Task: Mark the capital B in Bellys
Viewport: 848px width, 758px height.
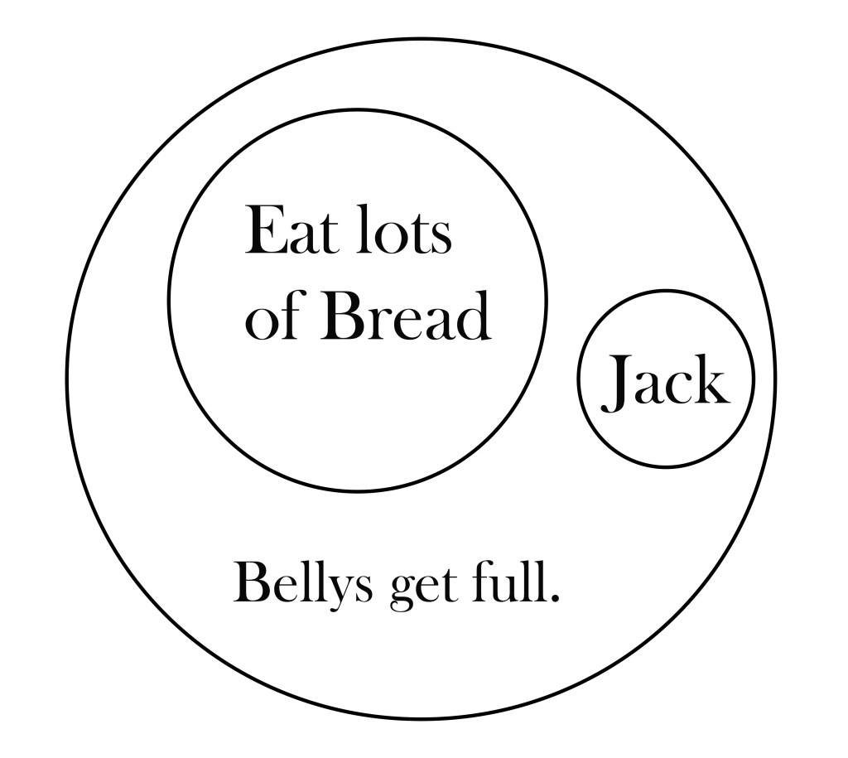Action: coord(250,583)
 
